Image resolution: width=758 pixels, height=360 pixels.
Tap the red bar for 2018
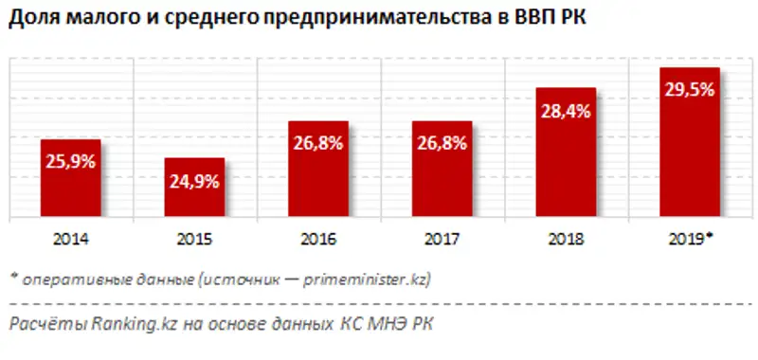coord(567,153)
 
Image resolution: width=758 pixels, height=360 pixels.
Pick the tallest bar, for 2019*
coord(690,142)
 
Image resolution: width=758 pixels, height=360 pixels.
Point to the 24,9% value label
coord(194,182)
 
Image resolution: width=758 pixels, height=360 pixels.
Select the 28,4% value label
coord(566,111)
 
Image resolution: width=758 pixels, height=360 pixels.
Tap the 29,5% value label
coord(690,92)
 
